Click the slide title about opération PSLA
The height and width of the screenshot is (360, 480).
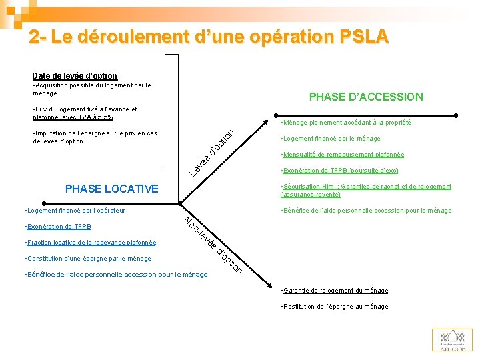pos(209,37)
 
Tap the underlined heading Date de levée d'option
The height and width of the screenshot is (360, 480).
pos(75,76)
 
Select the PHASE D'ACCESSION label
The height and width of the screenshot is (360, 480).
pos(366,97)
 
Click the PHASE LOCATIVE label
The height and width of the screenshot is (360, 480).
pos(112,189)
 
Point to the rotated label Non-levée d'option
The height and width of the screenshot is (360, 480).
pos(213,245)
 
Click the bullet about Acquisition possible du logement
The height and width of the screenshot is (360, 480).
pos(92,89)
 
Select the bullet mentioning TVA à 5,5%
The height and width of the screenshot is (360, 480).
pos(85,113)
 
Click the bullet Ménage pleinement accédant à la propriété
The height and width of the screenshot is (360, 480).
pos(346,123)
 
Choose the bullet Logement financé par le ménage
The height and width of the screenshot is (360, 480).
pos(331,139)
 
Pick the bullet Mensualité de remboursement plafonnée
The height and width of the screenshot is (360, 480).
pos(343,155)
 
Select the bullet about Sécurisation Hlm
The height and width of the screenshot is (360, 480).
pos(366,191)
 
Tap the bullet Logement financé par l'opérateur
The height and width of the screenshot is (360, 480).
pos(74,211)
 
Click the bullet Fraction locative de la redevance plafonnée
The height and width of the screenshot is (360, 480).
pos(89,243)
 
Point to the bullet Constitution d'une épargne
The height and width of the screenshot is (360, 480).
pos(87,259)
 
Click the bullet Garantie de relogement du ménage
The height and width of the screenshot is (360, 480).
pos(335,291)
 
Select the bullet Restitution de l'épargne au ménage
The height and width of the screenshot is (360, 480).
pos(335,307)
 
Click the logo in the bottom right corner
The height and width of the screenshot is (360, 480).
pos(452,339)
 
